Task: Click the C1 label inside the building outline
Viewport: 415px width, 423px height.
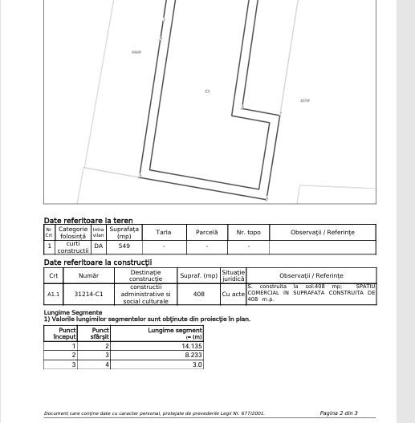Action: [207, 92]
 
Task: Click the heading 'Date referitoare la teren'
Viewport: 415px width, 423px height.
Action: [88, 220]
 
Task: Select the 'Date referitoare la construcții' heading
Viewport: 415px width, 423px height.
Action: [97, 262]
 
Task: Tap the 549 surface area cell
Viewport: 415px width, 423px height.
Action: [124, 246]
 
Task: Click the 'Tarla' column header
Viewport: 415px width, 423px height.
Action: [163, 232]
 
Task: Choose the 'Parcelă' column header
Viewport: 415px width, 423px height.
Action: [206, 232]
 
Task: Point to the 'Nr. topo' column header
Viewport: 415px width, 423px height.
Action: [248, 232]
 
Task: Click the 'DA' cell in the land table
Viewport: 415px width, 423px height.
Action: [98, 246]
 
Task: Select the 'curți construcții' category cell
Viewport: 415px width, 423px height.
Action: [72, 247]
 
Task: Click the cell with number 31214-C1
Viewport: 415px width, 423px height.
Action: [88, 295]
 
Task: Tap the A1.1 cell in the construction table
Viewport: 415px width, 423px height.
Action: [53, 295]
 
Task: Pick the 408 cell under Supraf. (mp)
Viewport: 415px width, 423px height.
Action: [198, 295]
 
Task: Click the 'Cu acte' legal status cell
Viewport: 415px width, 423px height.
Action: [233, 295]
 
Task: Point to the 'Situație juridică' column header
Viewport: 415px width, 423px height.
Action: [233, 275]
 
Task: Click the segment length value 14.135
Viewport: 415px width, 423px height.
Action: [192, 346]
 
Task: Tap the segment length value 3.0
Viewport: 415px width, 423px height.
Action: [197, 364]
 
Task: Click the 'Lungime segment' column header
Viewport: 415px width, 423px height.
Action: [175, 333]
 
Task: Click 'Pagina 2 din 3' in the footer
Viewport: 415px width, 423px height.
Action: [338, 413]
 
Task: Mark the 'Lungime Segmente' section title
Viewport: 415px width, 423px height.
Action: [73, 312]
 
